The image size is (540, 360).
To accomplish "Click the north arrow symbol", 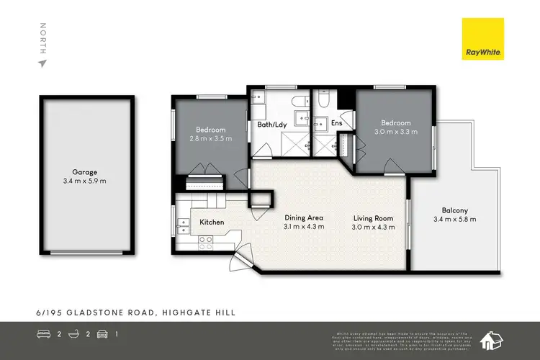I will pyautogui.click(x=42, y=63).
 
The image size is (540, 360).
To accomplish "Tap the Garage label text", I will pyautogui.click(x=84, y=172).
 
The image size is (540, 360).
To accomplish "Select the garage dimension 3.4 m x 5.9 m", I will pyautogui.click(x=84, y=181).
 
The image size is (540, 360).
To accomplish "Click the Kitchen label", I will pyautogui.click(x=212, y=222).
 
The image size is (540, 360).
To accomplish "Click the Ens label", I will pyautogui.click(x=336, y=123).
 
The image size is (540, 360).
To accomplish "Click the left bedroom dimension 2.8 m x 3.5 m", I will pyautogui.click(x=211, y=138).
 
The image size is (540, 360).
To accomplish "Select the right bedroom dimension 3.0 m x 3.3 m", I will pyautogui.click(x=396, y=132).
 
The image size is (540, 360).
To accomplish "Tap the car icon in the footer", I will pyautogui.click(x=102, y=334).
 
